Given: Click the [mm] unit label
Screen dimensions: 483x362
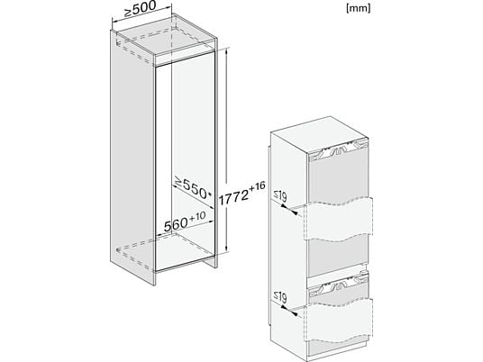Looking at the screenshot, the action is click(359, 9).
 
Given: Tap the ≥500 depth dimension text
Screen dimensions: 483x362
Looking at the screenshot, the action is click(141, 9).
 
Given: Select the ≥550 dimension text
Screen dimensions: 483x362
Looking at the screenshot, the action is click(191, 186).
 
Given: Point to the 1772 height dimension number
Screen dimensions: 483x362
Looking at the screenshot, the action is click(233, 197).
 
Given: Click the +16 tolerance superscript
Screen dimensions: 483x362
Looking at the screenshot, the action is click(257, 186).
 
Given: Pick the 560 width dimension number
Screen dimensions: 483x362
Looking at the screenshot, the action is click(176, 224).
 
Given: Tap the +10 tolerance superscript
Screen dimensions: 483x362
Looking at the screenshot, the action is click(197, 217).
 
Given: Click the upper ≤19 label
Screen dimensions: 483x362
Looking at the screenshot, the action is click(280, 196).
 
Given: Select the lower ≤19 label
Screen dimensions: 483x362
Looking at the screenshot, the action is click(280, 297).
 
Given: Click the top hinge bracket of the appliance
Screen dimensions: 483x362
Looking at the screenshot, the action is click(338, 151).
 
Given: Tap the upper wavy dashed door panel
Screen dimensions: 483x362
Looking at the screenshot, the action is click(338, 219).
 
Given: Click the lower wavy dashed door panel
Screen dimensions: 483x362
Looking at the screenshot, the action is click(338, 321).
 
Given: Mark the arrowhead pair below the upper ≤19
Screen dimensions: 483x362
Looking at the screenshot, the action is click(289, 210).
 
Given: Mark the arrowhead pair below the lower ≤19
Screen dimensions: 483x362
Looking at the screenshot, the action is click(289, 311).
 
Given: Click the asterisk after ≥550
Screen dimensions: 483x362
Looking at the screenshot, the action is click(210, 194).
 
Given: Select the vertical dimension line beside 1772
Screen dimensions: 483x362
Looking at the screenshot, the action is click(227, 150).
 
